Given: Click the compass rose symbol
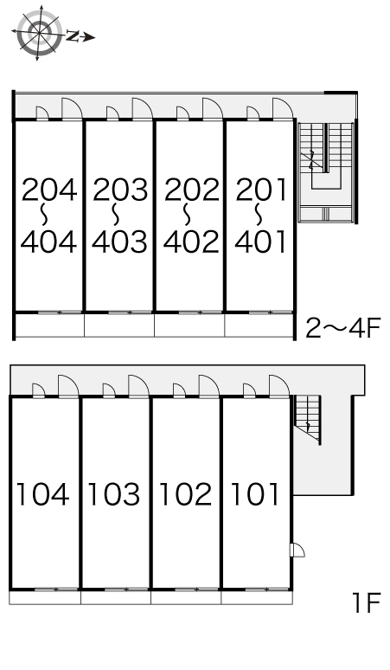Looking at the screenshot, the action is [38, 33].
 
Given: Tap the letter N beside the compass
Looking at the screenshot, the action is [73, 36].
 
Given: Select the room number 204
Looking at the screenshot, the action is [49, 190].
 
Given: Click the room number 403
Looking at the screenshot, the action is [119, 242].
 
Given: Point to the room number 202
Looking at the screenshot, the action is [192, 190].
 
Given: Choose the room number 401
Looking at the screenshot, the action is [260, 242].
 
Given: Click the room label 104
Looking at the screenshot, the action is [42, 494].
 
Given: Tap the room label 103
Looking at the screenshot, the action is [113, 494].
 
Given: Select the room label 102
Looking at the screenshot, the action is [185, 494].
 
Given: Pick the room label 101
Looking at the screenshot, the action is [255, 494].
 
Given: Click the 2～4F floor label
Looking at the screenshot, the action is [342, 328].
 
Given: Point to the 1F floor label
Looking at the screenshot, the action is [366, 602].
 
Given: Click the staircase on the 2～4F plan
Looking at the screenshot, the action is [327, 172].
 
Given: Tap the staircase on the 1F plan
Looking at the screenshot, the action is [307, 419].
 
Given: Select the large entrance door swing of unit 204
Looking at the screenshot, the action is [72, 109].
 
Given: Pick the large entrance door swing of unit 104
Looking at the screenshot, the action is [68, 386].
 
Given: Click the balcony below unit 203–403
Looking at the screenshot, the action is [119, 325].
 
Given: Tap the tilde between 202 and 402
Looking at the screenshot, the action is [188, 215].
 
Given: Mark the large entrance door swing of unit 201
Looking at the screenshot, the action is [283, 109].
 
